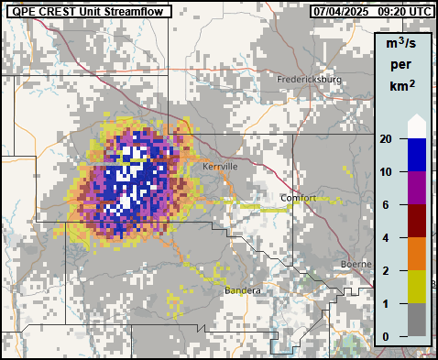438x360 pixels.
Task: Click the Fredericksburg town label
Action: click(310, 80)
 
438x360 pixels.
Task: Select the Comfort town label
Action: click(298, 198)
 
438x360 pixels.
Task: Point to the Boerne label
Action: click(354, 264)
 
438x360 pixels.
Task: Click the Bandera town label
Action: click(242, 290)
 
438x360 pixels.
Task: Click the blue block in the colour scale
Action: click(417, 155)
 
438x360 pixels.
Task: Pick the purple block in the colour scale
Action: click(417, 188)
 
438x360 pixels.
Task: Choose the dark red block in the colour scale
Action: click(417, 221)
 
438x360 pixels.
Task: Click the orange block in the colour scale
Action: click(417, 254)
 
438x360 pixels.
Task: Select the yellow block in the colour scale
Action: click(417, 287)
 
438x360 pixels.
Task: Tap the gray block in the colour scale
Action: click(417, 320)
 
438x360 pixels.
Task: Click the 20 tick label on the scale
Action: click(387, 139)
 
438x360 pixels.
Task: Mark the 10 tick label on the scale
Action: click(387, 172)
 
